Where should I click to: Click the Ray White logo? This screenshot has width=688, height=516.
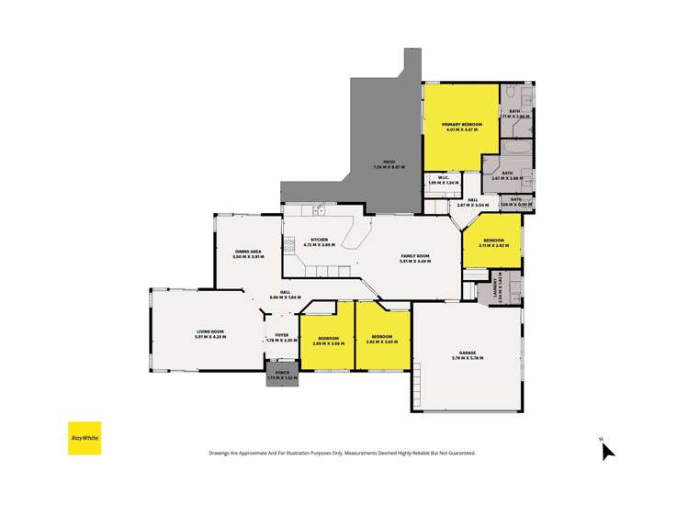pos(84,438)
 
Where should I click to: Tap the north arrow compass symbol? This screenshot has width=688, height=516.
pos(607,449)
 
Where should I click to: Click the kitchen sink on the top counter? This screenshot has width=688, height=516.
pos(318,210)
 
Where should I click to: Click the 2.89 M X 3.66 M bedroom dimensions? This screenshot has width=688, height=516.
pos(326,343)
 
